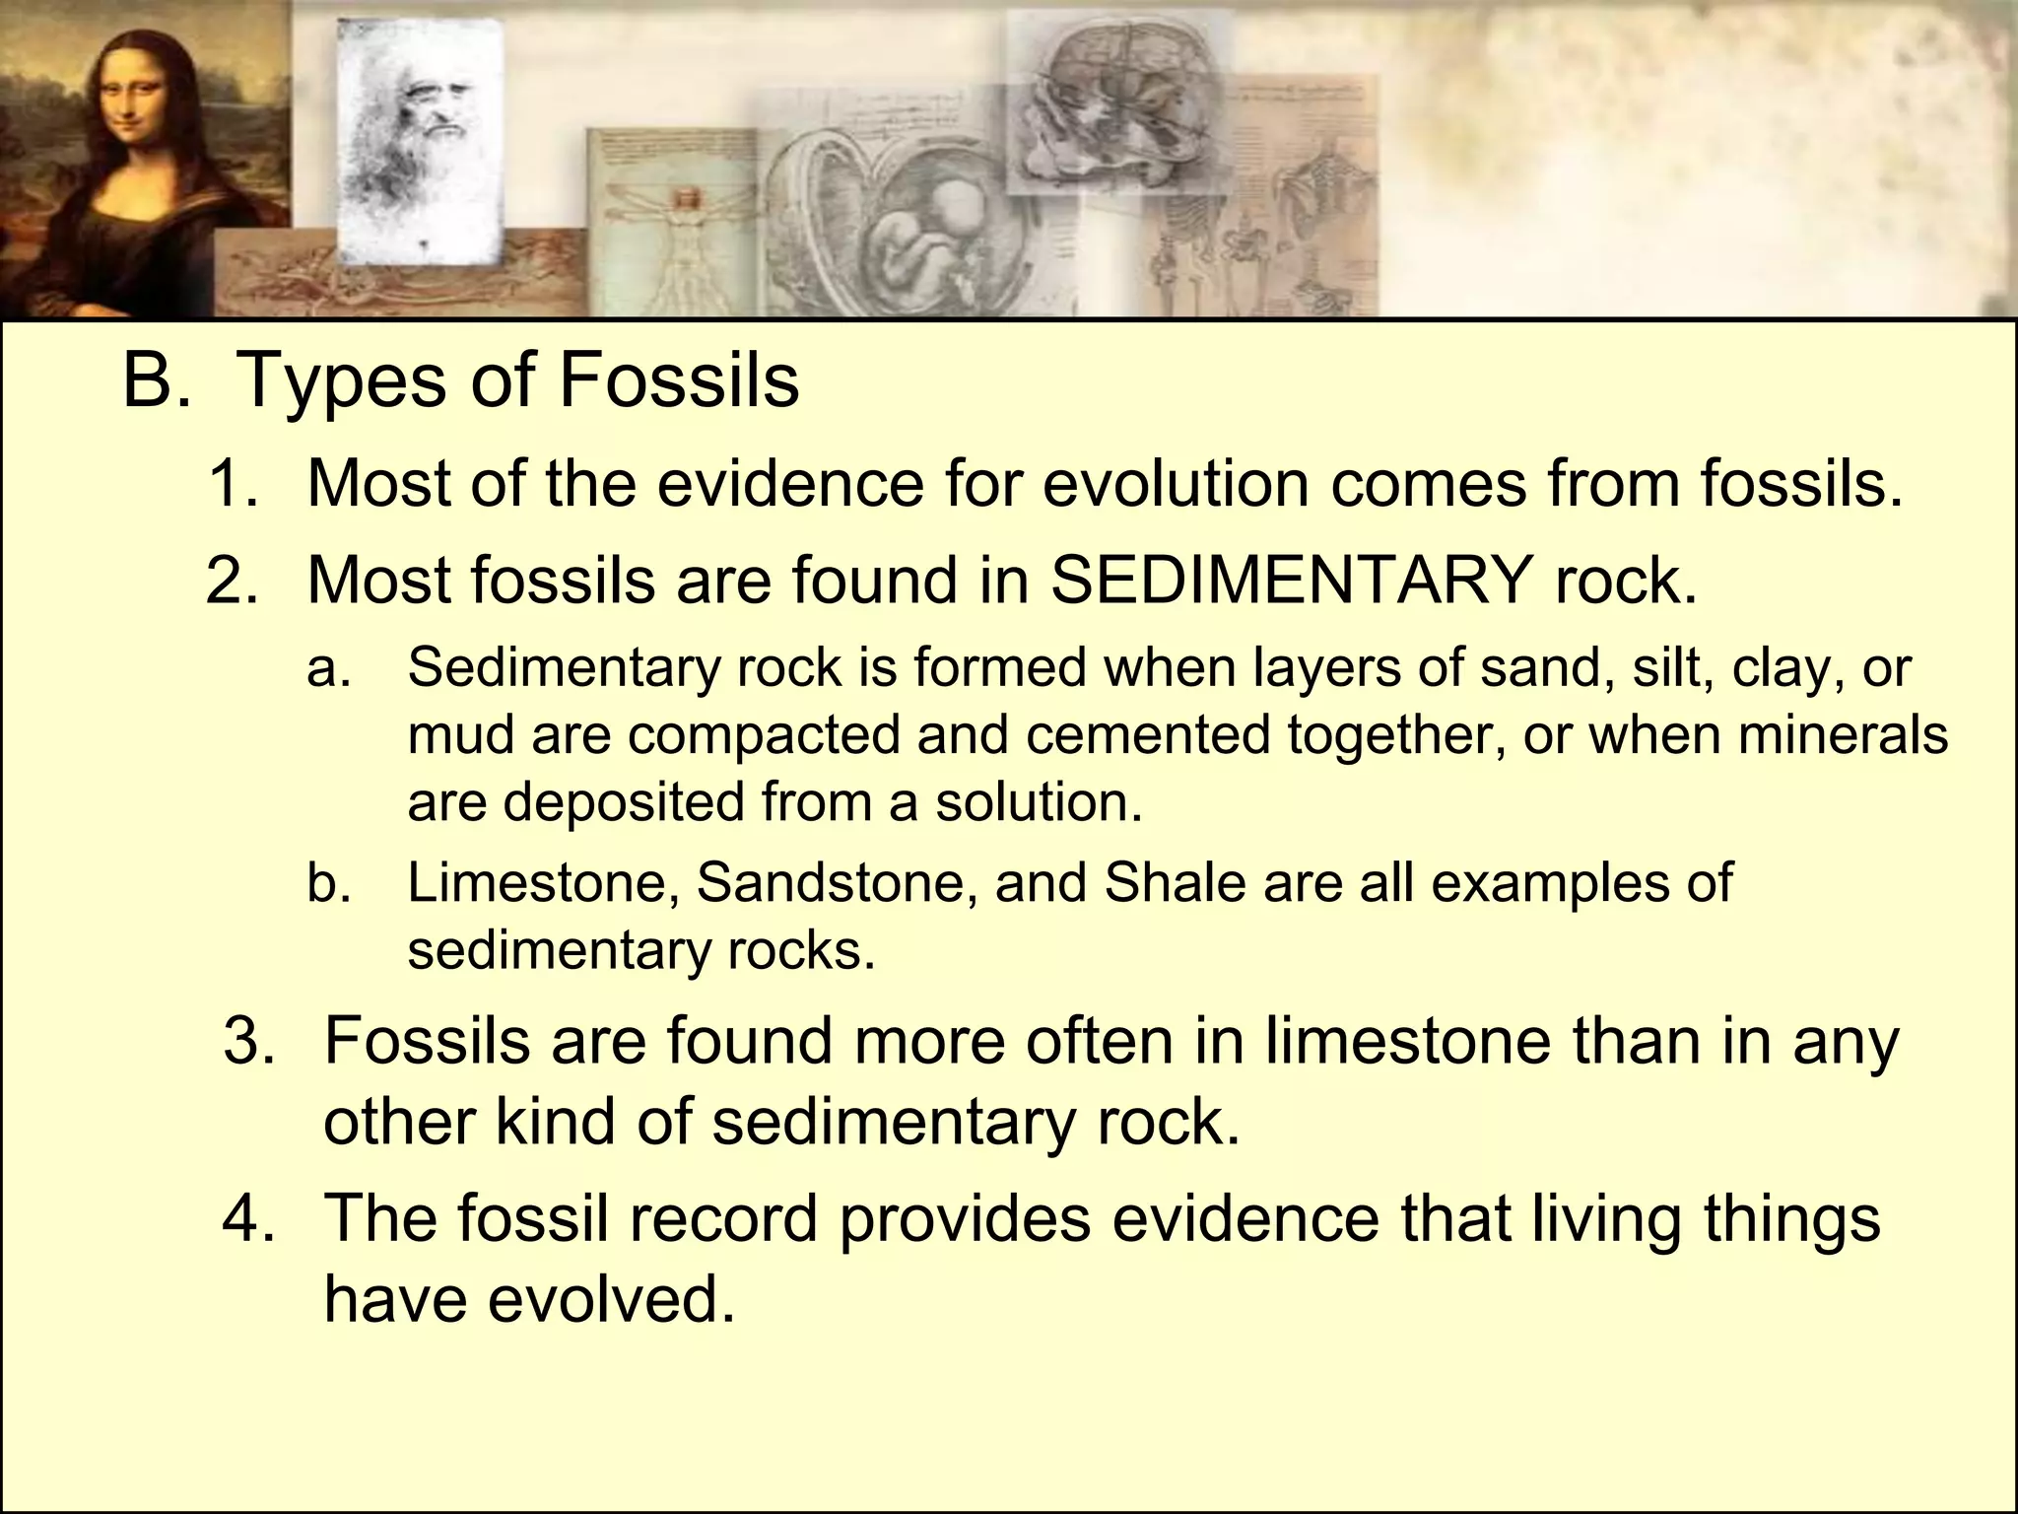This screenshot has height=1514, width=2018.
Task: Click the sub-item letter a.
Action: [329, 668]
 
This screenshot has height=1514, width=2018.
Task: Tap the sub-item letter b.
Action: [329, 882]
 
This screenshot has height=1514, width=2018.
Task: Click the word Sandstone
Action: [838, 882]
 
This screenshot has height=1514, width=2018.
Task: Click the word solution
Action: [1039, 802]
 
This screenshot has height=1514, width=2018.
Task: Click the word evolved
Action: [612, 1299]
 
